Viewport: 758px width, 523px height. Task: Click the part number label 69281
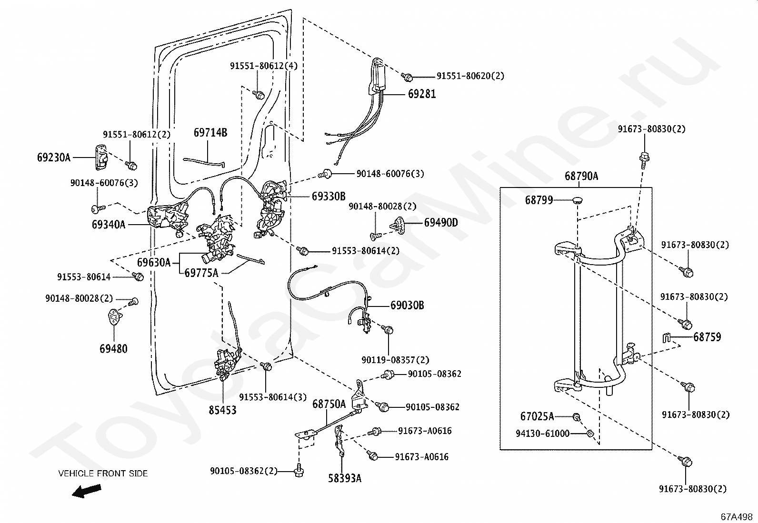(422, 94)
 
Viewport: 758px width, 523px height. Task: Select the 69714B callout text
(210, 132)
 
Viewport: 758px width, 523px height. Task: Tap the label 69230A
(54, 158)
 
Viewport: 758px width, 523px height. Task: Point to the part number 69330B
(328, 196)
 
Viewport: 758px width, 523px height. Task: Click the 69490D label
(441, 223)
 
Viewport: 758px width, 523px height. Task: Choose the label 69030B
(407, 305)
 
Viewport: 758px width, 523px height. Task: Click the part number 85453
(222, 410)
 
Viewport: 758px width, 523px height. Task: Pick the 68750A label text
(329, 404)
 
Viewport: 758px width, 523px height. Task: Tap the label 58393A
(345, 478)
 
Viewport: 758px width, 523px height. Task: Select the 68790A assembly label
(581, 176)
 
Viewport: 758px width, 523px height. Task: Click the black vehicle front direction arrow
(87, 491)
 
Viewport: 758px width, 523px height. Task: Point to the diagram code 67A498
(737, 517)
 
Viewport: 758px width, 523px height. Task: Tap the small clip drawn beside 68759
(666, 337)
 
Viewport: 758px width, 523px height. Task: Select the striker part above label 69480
(114, 316)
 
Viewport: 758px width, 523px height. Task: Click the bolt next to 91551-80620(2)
(407, 77)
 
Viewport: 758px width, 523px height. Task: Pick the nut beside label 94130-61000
(589, 434)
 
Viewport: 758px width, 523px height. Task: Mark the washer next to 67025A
(576, 417)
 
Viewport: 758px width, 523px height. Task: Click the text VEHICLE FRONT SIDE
(103, 474)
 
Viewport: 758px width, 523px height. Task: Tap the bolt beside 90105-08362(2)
(299, 471)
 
